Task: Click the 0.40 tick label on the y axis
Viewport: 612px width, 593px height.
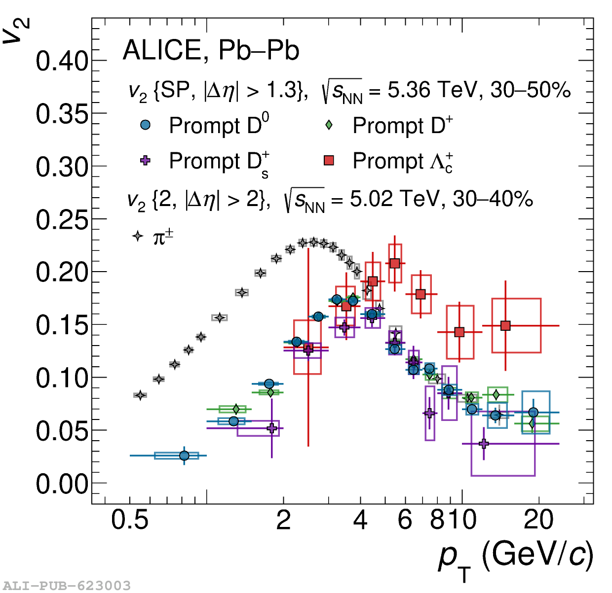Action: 61,62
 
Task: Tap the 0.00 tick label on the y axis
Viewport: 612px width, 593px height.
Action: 61,484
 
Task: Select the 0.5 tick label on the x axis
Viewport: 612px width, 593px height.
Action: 130,520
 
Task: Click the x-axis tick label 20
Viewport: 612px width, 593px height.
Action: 538,520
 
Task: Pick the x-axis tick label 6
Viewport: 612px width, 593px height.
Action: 405,520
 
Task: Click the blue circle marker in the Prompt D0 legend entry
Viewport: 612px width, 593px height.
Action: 145,125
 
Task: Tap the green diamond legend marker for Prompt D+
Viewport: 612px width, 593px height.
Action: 329,125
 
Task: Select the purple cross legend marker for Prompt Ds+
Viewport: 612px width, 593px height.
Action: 145,161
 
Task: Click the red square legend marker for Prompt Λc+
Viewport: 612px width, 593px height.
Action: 329,161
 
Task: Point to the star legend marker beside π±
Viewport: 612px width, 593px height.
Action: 138,237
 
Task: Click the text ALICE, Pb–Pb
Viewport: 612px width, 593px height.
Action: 211,50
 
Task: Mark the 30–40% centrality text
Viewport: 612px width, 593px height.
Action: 493,199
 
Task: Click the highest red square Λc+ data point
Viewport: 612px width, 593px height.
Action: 395,263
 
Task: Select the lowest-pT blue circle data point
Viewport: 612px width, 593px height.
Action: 184,455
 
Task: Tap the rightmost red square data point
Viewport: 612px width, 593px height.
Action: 505,325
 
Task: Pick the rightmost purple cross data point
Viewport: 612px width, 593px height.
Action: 484,444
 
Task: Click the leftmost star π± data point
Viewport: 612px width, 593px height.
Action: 140,395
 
